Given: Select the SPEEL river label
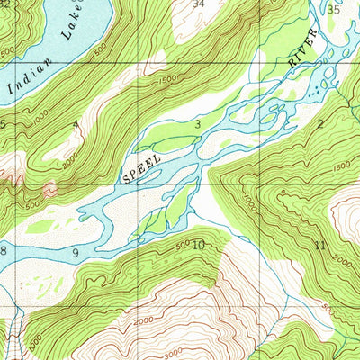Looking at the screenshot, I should pyautogui.click(x=143, y=167).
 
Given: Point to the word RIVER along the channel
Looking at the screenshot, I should pyautogui.click(x=303, y=52).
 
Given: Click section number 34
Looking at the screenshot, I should pyautogui.click(x=198, y=4).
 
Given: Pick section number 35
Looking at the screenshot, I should pyautogui.click(x=333, y=10).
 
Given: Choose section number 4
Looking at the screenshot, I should pyautogui.click(x=76, y=123).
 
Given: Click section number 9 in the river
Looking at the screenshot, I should pyautogui.click(x=76, y=251).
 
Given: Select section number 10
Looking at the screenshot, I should pyautogui.click(x=198, y=244).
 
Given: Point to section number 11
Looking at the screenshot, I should pyautogui.click(x=320, y=246).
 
